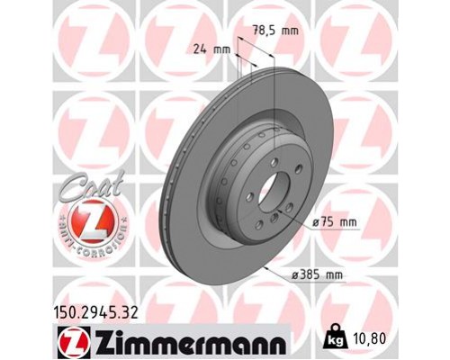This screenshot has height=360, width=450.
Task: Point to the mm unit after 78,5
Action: click(x=287, y=31)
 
